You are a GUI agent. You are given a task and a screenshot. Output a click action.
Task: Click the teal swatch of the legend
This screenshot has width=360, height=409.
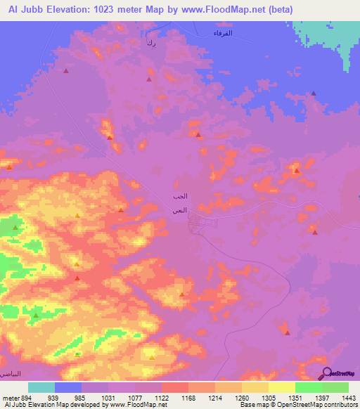click(41, 387)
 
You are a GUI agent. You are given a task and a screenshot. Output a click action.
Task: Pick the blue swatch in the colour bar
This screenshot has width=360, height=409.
click(68, 387)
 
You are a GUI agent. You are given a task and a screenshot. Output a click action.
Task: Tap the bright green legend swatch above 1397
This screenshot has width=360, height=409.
click(308, 387)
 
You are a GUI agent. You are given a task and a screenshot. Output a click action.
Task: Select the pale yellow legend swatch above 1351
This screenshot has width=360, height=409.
click(281, 387)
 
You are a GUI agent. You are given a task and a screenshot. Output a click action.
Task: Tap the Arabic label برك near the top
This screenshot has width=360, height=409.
click(150, 44)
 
